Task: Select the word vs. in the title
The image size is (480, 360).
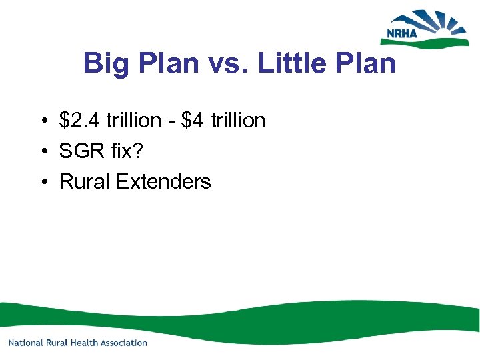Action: (225, 64)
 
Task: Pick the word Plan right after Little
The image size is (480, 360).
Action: (368, 64)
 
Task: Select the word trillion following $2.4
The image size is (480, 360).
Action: (130, 121)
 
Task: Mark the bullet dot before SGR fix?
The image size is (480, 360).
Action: (42, 152)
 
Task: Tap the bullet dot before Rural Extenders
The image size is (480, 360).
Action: (42, 182)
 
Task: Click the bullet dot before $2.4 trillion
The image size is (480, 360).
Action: (42, 121)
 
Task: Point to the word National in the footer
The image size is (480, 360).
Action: (26, 343)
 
